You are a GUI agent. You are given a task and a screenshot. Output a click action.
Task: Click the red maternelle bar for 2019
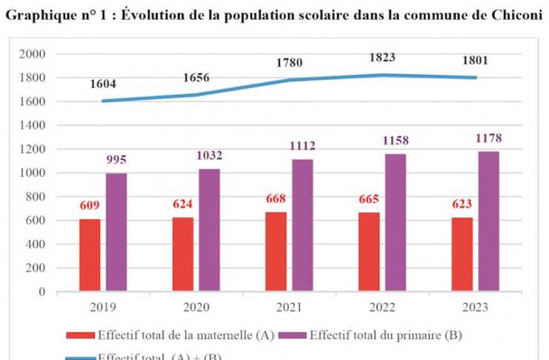(x=90, y=255)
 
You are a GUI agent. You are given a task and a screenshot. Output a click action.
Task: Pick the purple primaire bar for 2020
(x=209, y=230)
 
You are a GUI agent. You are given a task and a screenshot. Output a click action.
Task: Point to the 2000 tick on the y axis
(x=33, y=54)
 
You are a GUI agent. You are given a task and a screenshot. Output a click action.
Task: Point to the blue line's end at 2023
(x=476, y=77)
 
